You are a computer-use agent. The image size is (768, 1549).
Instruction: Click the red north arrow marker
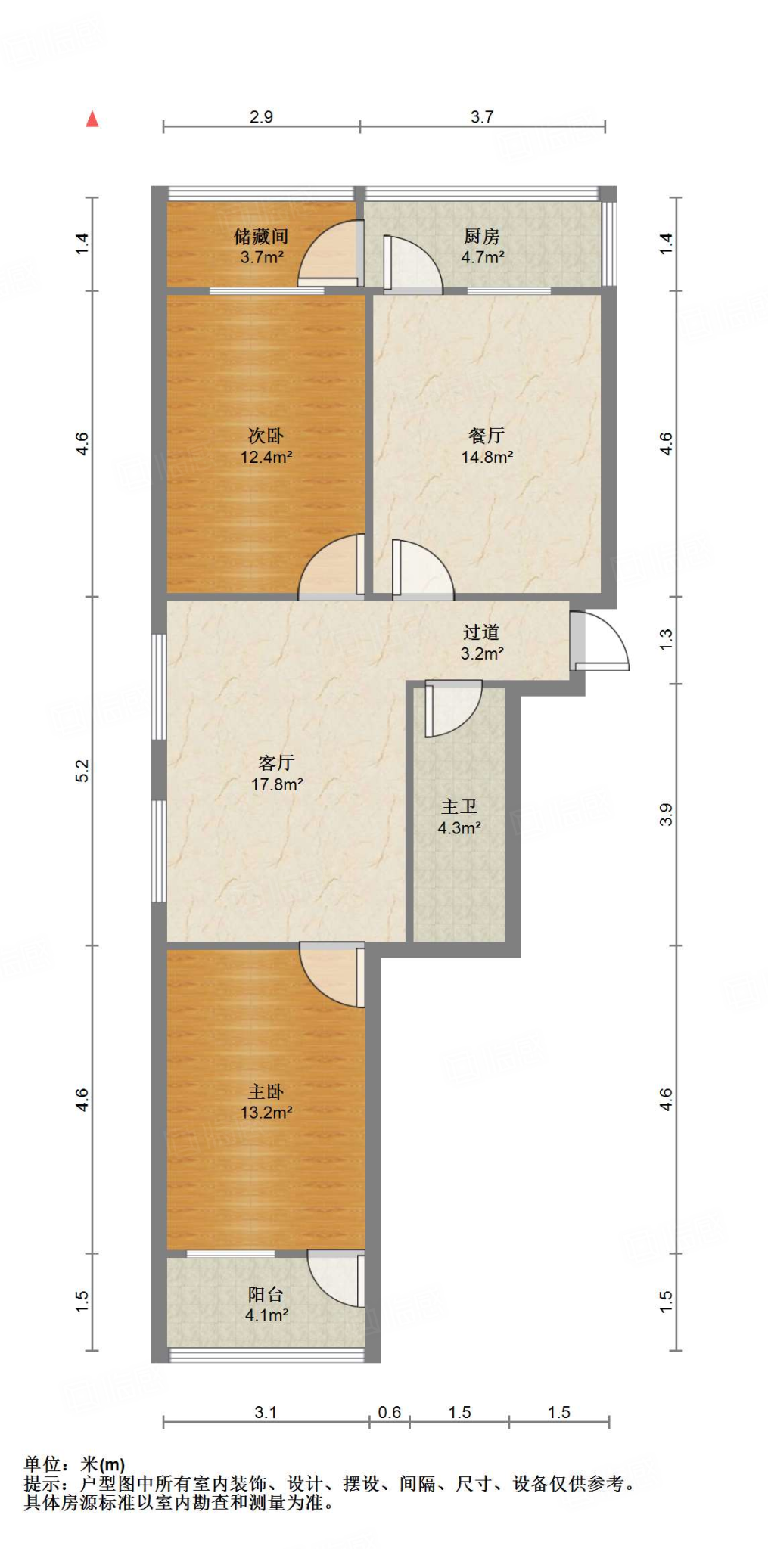[92, 119]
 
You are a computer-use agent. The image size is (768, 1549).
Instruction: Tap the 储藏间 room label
[261, 237]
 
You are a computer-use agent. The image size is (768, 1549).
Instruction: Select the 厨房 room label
[482, 237]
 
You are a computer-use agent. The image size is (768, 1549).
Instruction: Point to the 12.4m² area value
[266, 457]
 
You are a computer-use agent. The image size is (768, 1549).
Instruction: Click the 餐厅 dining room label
[487, 436]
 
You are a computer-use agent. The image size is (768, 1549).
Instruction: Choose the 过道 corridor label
[481, 632]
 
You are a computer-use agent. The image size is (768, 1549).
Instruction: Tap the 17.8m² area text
[277, 784]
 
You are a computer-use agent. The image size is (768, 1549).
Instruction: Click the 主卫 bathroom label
[459, 807]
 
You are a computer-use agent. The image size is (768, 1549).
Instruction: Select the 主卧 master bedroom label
[266, 1091]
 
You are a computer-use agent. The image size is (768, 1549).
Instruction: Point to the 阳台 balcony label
[266, 1294]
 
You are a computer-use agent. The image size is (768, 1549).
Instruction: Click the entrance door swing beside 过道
[602, 642]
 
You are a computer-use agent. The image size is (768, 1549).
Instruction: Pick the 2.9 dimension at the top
[261, 116]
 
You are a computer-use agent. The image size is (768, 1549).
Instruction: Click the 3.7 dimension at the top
[482, 116]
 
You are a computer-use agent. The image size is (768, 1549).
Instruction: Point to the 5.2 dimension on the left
[82, 771]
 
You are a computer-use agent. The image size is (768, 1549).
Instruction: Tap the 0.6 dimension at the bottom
[390, 1412]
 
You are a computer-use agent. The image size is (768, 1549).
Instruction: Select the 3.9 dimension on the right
[666, 815]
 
